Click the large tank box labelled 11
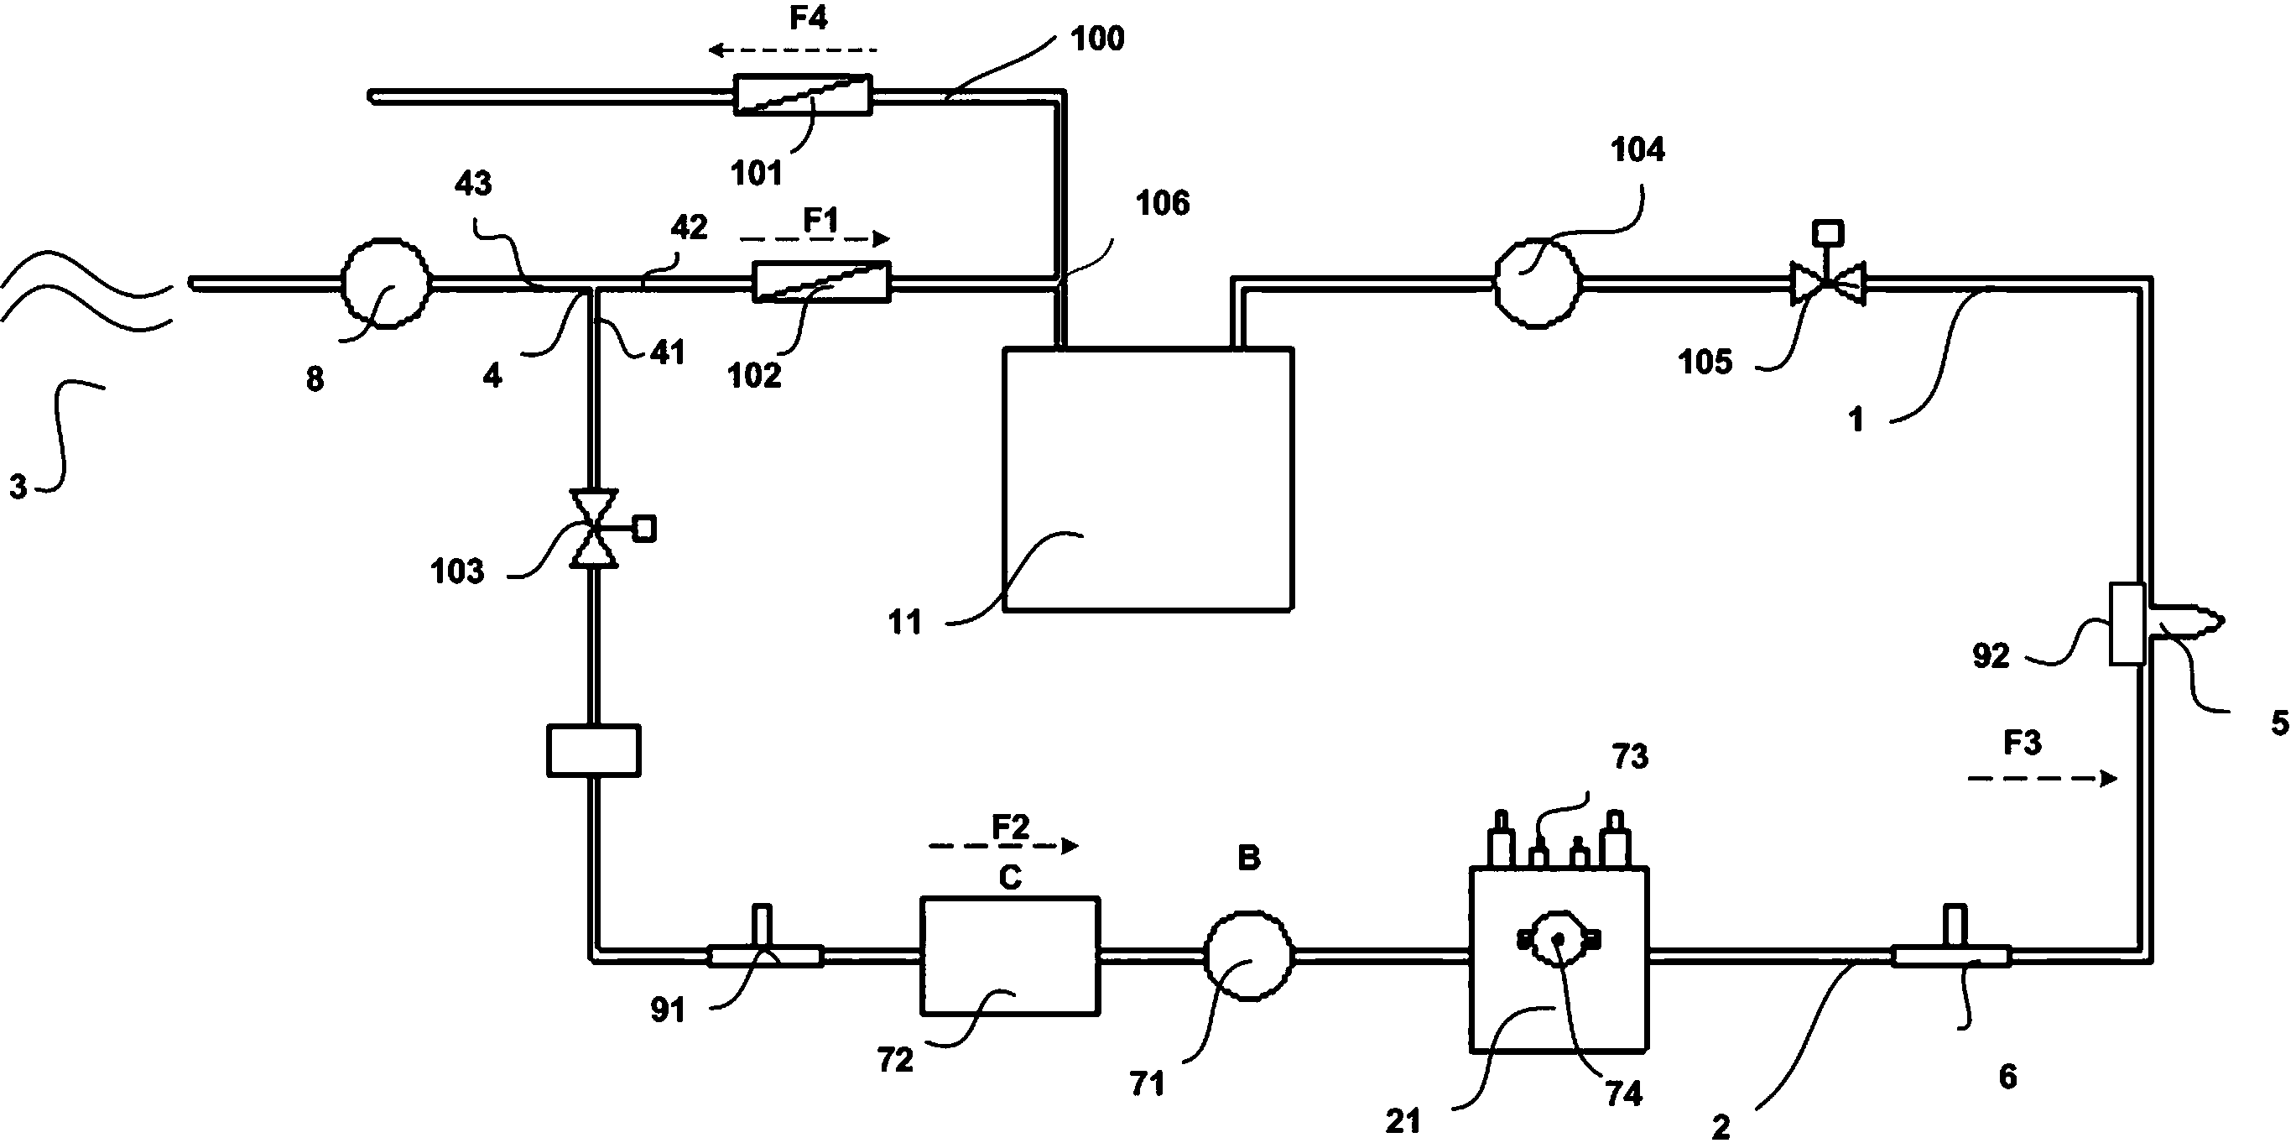[x=1148, y=479]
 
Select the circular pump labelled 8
[x=386, y=283]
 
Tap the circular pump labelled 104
[x=1537, y=283]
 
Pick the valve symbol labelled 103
[x=595, y=529]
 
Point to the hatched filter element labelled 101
[x=803, y=95]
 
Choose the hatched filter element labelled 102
[x=822, y=282]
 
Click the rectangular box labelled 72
[x=1010, y=956]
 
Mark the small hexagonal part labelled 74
[x=1558, y=939]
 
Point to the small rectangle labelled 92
[x=2127, y=624]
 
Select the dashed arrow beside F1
[x=815, y=239]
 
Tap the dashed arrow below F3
[x=2042, y=780]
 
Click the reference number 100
[x=1097, y=39]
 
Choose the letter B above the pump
[x=1249, y=859]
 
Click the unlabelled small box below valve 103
[x=594, y=749]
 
